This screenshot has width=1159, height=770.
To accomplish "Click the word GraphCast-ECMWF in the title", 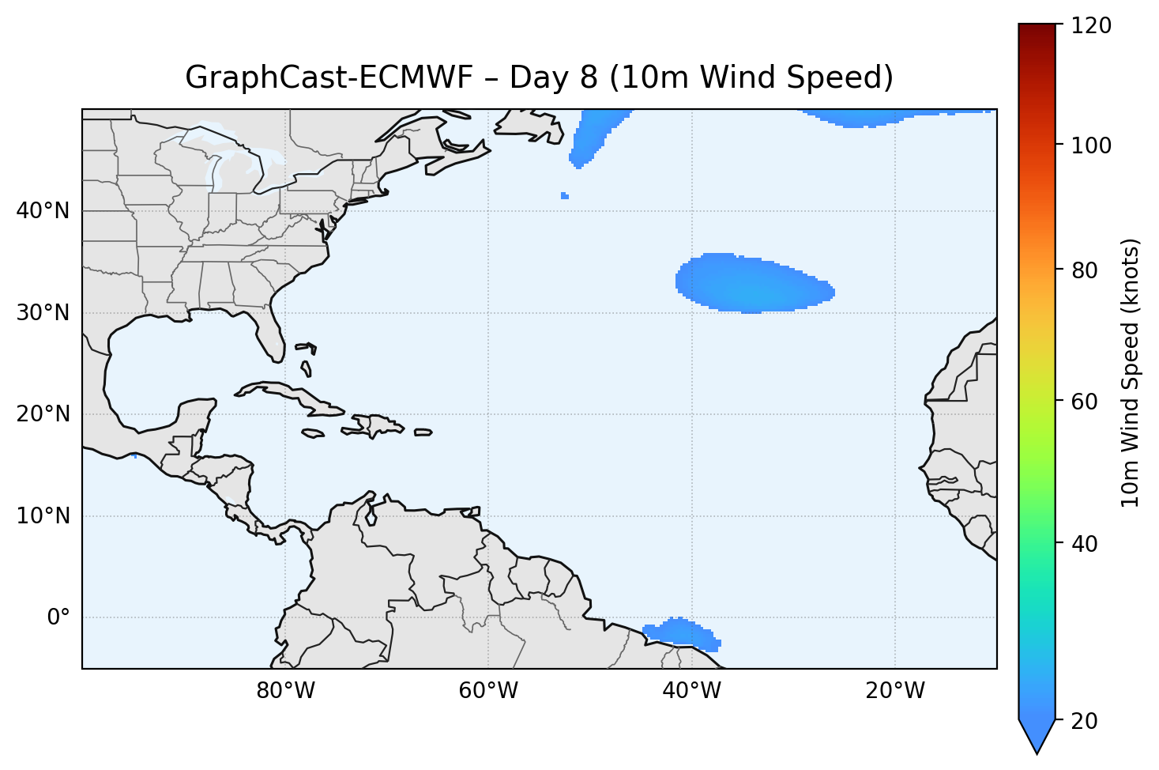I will click(x=329, y=77).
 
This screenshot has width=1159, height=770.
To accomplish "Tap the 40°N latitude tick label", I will click(x=43, y=211).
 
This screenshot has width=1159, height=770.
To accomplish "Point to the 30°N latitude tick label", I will click(x=43, y=313).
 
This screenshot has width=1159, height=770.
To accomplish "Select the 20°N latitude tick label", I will click(x=43, y=414).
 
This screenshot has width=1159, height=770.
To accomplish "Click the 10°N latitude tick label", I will click(x=43, y=516).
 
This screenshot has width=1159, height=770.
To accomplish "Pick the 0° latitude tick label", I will click(x=58, y=617).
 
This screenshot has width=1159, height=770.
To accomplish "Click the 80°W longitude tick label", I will click(x=285, y=691).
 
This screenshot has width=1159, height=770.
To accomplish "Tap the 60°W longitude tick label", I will click(x=488, y=691).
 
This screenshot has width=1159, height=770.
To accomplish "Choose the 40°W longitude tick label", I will click(x=691, y=691).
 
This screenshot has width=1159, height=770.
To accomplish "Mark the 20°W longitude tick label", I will click(x=894, y=691).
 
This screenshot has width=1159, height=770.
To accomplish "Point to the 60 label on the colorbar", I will click(x=1087, y=402).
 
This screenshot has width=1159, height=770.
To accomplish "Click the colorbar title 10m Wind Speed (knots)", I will click(x=1131, y=372).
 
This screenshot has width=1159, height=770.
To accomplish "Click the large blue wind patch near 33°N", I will click(x=751, y=283).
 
